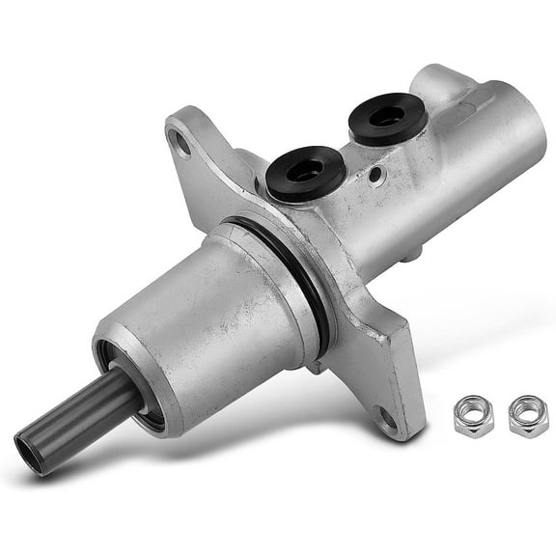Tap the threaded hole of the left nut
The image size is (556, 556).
[473, 415]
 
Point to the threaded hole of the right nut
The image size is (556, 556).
[527, 415]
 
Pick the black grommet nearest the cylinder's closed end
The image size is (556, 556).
[387, 117]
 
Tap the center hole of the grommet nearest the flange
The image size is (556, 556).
[306, 170]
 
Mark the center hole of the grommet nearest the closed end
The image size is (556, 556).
[387, 114]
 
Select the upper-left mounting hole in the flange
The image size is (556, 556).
[180, 145]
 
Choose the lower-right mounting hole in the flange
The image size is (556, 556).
[386, 418]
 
